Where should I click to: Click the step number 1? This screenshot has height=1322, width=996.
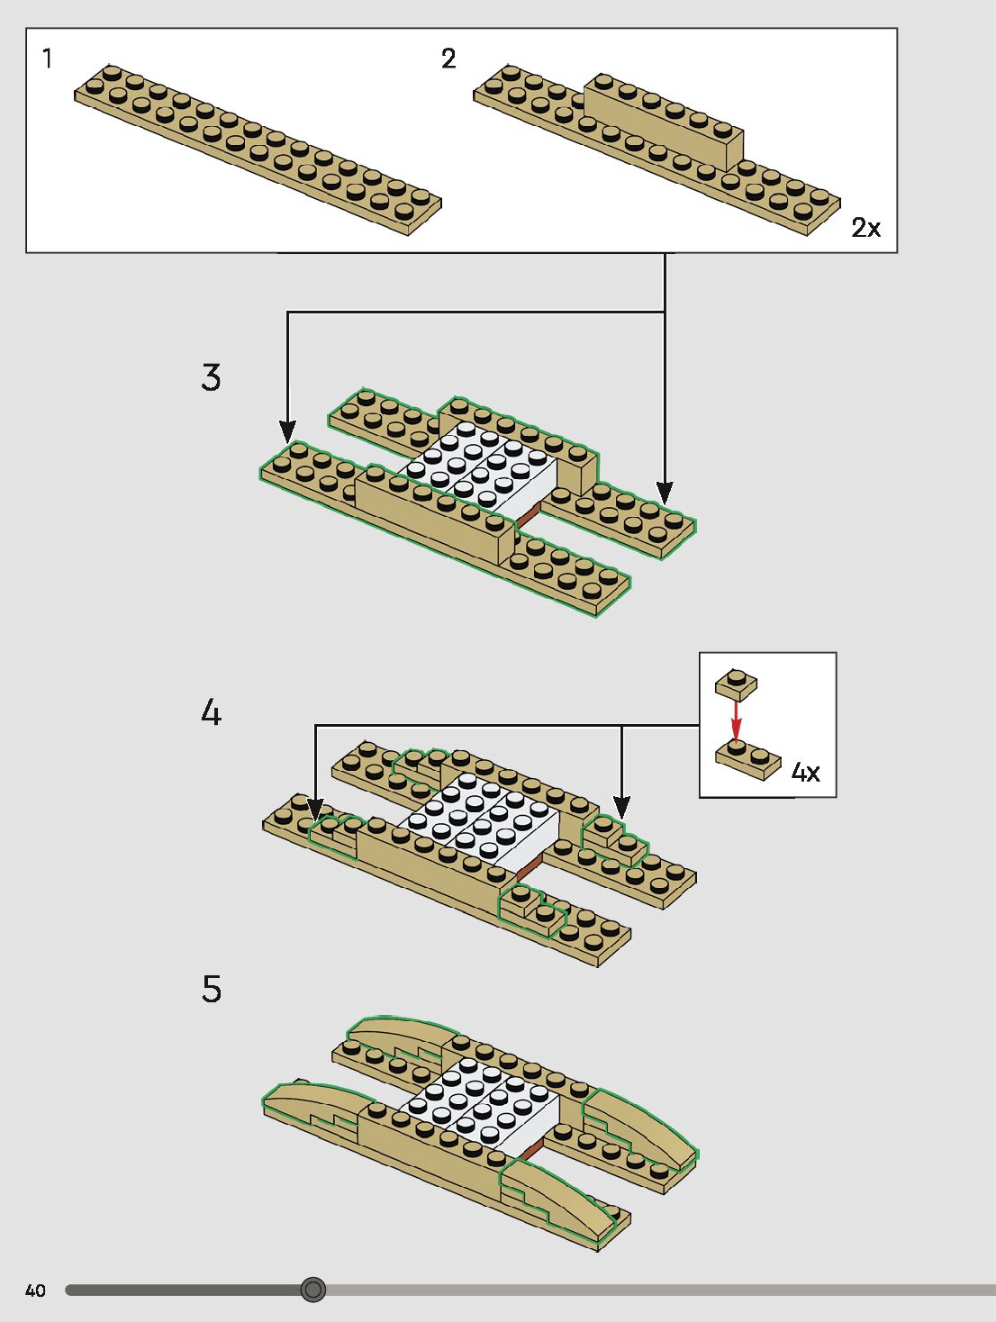tap(47, 59)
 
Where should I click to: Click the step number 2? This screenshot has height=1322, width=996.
tap(448, 59)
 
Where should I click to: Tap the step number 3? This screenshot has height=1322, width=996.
tap(211, 377)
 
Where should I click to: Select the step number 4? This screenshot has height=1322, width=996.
tap(211, 713)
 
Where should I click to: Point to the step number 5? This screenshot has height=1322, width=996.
tap(212, 989)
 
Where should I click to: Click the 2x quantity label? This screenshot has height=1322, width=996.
tap(865, 228)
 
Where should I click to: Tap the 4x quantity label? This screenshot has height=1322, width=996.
tap(805, 773)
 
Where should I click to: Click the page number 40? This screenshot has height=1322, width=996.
tap(35, 1290)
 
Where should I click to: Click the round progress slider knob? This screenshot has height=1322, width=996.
tap(313, 1290)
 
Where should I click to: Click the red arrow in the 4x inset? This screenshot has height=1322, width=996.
tap(737, 720)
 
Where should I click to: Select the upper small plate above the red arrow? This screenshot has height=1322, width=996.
tap(737, 685)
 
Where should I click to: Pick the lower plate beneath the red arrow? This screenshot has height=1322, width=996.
tap(748, 760)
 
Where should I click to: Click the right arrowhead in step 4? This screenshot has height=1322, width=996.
tap(621, 807)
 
